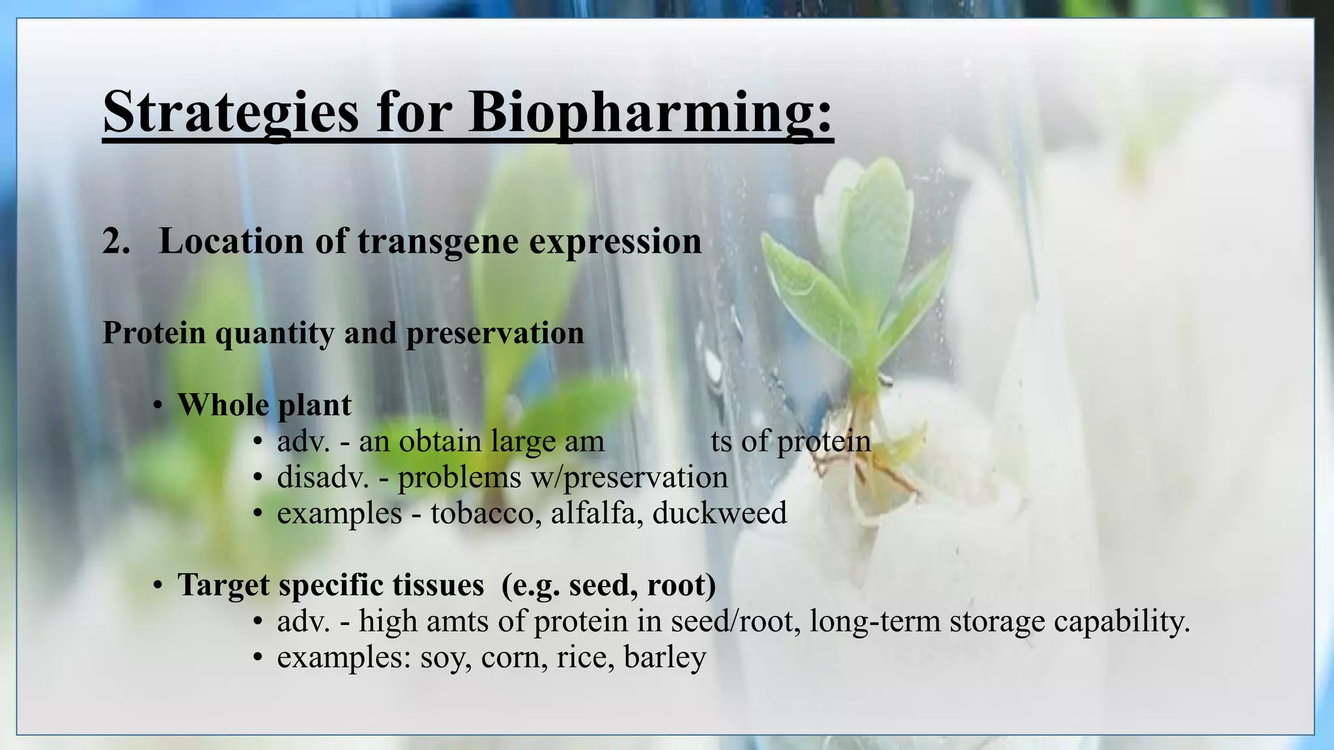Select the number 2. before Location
click(x=117, y=242)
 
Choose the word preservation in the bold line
click(x=495, y=333)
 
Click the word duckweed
click(x=719, y=513)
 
